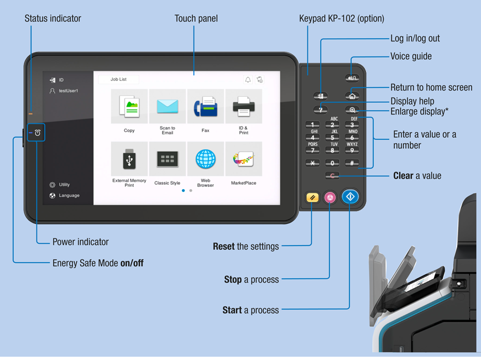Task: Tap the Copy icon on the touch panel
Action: click(x=129, y=107)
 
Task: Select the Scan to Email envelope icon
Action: click(x=168, y=107)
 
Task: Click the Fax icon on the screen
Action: click(x=205, y=107)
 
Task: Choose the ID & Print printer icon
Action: click(x=243, y=107)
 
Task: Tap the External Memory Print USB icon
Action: click(x=129, y=160)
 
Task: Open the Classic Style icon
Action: click(x=168, y=160)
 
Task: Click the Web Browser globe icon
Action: click(x=205, y=160)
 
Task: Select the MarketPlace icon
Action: click(x=243, y=160)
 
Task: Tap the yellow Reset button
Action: click(x=312, y=197)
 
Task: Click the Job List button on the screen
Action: click(x=118, y=80)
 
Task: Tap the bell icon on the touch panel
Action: click(x=248, y=80)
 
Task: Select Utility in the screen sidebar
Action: click(x=64, y=185)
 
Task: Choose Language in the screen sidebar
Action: click(x=69, y=195)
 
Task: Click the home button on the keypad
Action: click(x=352, y=96)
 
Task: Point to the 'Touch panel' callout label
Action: click(x=196, y=19)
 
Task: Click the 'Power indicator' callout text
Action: click(x=81, y=242)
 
